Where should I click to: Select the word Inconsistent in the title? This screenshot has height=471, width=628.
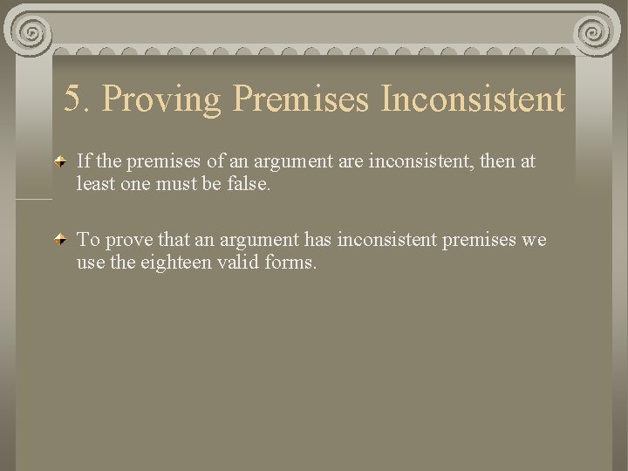coord(472,99)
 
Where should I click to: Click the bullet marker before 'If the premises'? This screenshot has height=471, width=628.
coord(60,162)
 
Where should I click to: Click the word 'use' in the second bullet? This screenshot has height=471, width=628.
coord(90,261)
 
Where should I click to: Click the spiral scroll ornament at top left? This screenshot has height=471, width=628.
coord(32,33)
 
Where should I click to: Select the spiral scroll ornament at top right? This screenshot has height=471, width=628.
coord(597,33)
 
